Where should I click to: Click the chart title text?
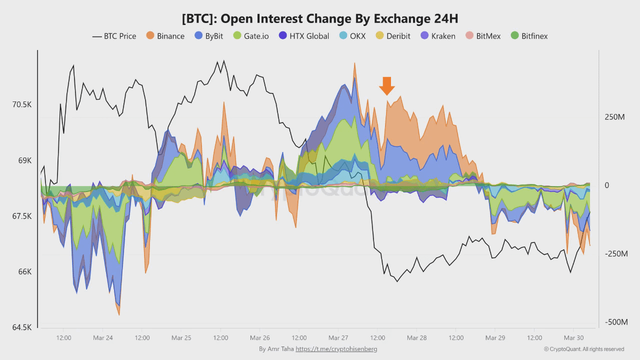[320, 18]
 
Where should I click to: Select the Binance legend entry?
[165, 36]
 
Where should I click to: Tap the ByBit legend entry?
[208, 36]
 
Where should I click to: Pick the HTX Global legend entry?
[303, 36]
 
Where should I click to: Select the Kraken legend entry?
[437, 36]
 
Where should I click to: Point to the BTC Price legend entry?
[114, 36]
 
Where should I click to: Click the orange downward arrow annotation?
[386, 85]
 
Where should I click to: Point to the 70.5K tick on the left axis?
[21, 104]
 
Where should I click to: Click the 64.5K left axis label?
[21, 327]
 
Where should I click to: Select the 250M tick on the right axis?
[614, 117]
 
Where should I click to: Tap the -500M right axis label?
[616, 322]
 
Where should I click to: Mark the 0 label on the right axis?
[606, 185]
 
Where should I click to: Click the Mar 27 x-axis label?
[338, 338]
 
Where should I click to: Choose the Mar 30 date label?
[573, 338]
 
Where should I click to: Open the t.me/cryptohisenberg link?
[336, 349]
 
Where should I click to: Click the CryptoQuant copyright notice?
[584, 349]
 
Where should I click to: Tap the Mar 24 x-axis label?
[102, 338]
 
